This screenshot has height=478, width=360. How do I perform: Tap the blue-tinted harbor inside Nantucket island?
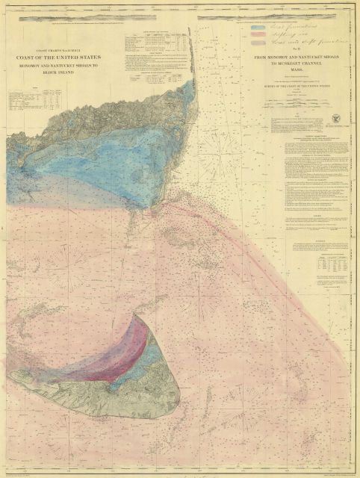pyautogui.click(x=120, y=373)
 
